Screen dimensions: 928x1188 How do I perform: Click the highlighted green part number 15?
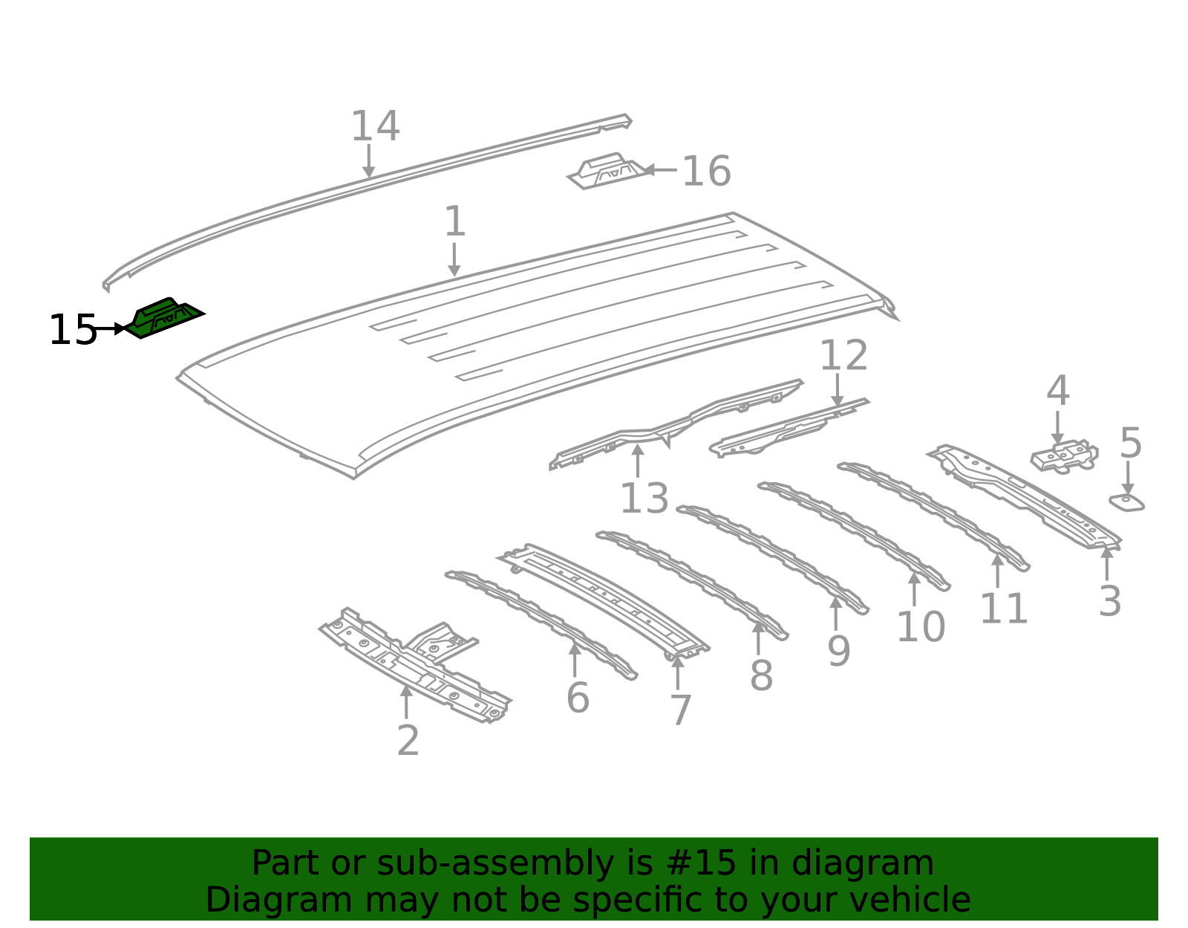pos(164,318)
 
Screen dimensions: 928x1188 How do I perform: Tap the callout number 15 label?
pos(73,330)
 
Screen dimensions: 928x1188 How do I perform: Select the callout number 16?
pos(706,172)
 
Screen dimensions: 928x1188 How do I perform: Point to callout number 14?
pos(375,126)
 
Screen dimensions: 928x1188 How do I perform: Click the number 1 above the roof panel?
pos(454,222)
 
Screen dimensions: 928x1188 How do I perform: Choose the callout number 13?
pos(644,499)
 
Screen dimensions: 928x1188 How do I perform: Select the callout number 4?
pos(1057,392)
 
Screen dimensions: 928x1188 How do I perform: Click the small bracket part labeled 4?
pos(1064,456)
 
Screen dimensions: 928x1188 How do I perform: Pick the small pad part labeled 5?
pos(1126,502)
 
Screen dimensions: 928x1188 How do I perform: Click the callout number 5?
pos(1130,444)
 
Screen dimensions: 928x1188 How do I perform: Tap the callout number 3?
pos(1109,601)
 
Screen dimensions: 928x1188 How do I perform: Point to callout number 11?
pos(1004,609)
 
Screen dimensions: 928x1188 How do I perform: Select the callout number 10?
pos(921,627)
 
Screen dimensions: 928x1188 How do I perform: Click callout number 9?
pos(838,652)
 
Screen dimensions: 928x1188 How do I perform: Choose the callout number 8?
pos(761,676)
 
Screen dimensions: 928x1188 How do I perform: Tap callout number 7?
pos(680,710)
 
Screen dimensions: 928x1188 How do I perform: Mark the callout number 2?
pos(408,741)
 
